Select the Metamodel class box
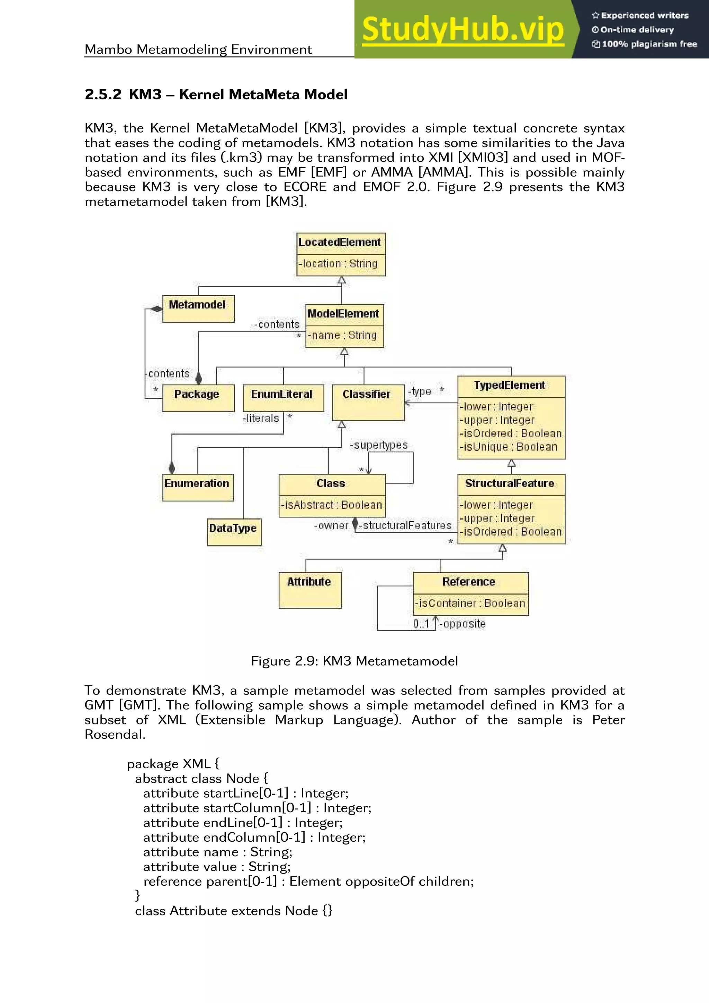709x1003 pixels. pos(198,308)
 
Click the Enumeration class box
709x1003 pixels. pos(197,487)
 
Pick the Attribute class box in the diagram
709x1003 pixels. pos(310,589)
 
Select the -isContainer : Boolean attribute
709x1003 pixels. pos(470,603)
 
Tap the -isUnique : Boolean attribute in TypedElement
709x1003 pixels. pos(509,447)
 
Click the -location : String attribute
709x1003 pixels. pos(339,264)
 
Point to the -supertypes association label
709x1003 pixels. pos(379,445)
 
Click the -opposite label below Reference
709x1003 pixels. pos(463,624)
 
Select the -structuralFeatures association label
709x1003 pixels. pos(405,525)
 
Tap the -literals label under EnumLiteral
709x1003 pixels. pos(261,418)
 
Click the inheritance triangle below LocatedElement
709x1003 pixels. pos(342,280)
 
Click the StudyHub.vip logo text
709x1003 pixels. pos(463,30)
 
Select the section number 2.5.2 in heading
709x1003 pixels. pos(103,94)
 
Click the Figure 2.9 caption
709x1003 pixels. pos(354,661)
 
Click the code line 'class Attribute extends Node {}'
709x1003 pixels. pos(233,911)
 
